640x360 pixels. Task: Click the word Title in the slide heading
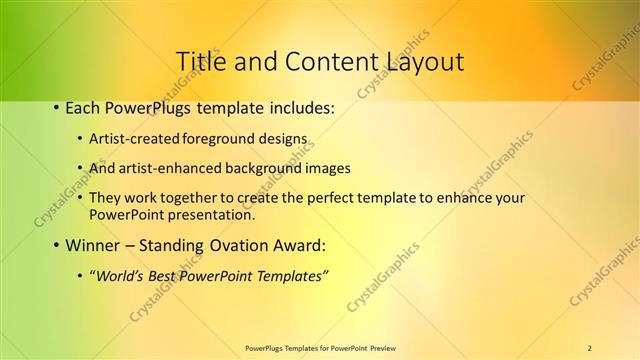(201, 62)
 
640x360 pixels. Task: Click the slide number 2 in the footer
(590, 348)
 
